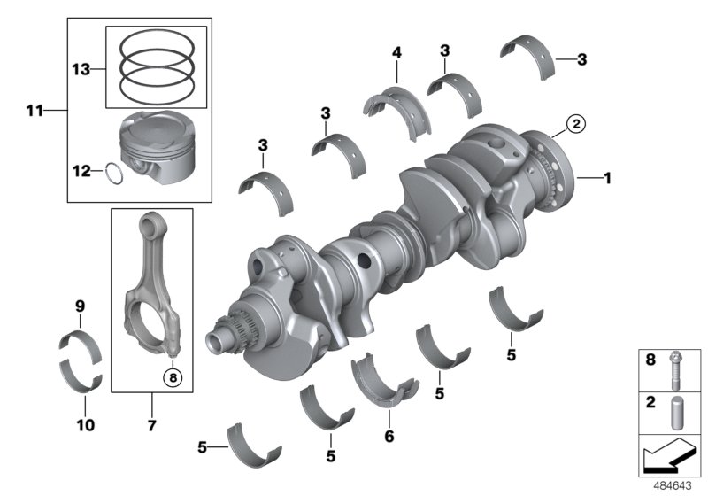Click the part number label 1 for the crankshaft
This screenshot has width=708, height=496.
click(x=607, y=178)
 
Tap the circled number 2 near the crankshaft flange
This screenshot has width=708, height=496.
click(x=574, y=125)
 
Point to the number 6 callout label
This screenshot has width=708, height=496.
click(x=387, y=437)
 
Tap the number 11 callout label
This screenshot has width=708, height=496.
click(x=34, y=111)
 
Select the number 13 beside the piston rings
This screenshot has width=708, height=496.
click(x=81, y=67)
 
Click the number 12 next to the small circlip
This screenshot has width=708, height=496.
click(x=81, y=171)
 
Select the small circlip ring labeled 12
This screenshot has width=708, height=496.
click(x=113, y=172)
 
